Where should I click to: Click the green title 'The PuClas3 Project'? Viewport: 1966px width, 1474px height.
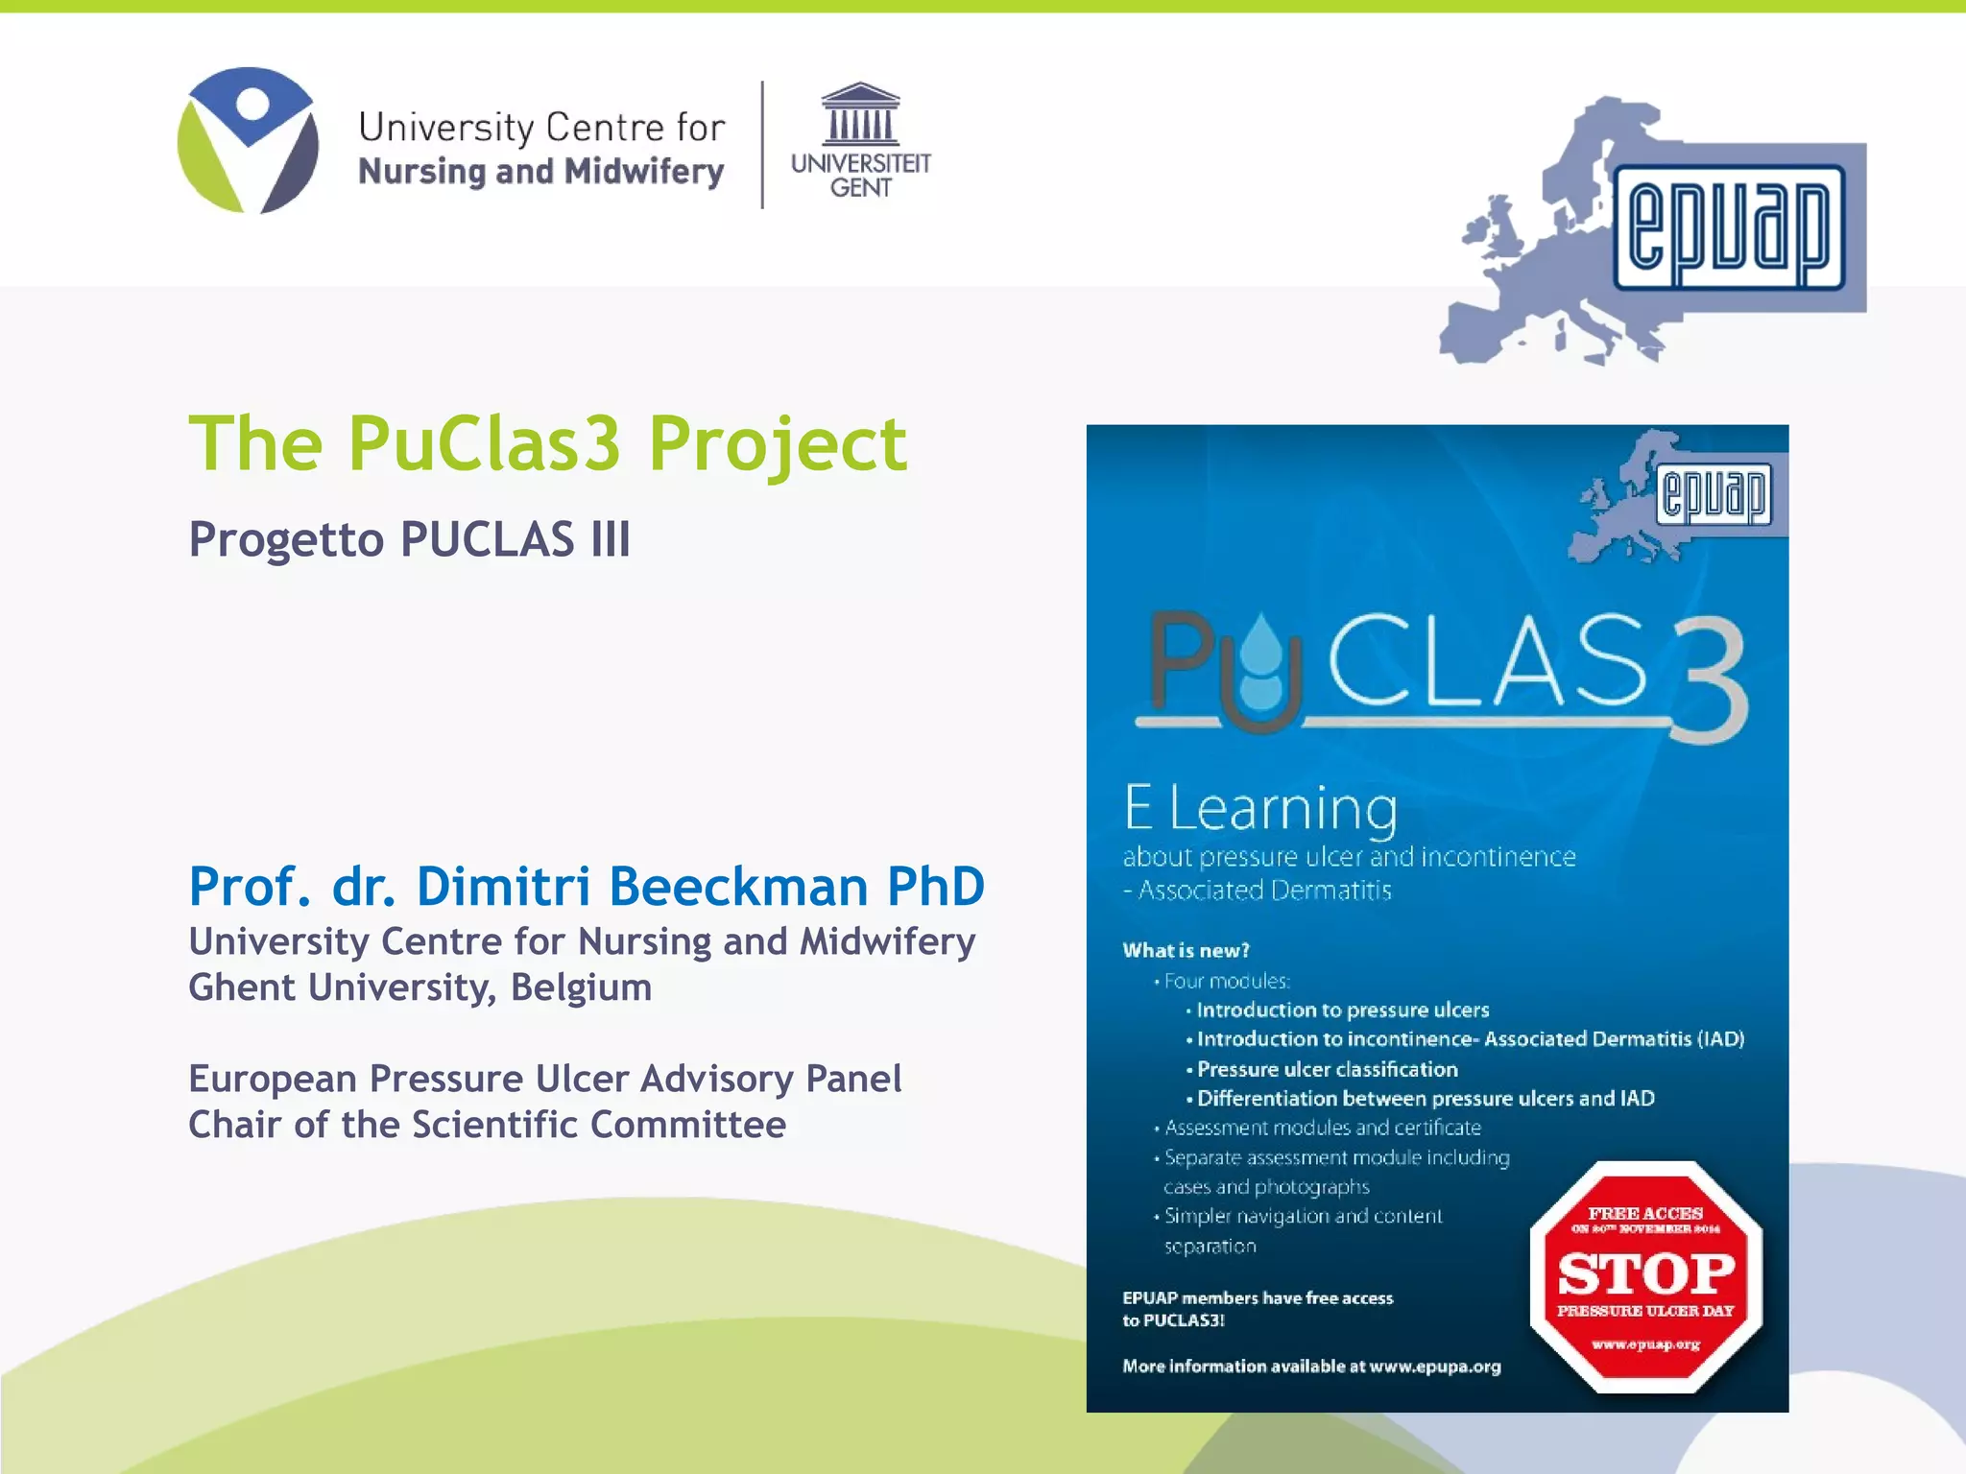point(547,443)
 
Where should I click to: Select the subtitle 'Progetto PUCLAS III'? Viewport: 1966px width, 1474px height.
point(410,539)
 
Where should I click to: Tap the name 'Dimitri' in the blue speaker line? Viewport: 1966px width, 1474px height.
point(503,886)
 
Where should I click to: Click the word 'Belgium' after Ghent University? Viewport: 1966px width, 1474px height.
point(581,987)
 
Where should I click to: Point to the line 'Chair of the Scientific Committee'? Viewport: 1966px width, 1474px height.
point(487,1125)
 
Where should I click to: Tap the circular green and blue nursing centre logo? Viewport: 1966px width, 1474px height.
point(249,140)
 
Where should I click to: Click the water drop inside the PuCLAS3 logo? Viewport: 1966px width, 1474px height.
point(1260,662)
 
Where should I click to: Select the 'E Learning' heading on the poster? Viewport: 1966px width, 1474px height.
point(1260,808)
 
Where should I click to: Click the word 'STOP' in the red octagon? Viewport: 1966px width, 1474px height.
point(1646,1274)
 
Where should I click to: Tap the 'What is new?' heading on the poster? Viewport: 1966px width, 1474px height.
point(1187,951)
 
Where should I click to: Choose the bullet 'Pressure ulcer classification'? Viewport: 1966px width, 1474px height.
point(1327,1069)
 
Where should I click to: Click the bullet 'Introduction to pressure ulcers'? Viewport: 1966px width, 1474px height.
point(1342,1010)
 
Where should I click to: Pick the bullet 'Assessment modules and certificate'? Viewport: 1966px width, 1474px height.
point(1322,1128)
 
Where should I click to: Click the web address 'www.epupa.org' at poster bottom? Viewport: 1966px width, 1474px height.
point(1435,1367)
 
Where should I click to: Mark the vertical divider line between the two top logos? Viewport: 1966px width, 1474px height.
point(762,145)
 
